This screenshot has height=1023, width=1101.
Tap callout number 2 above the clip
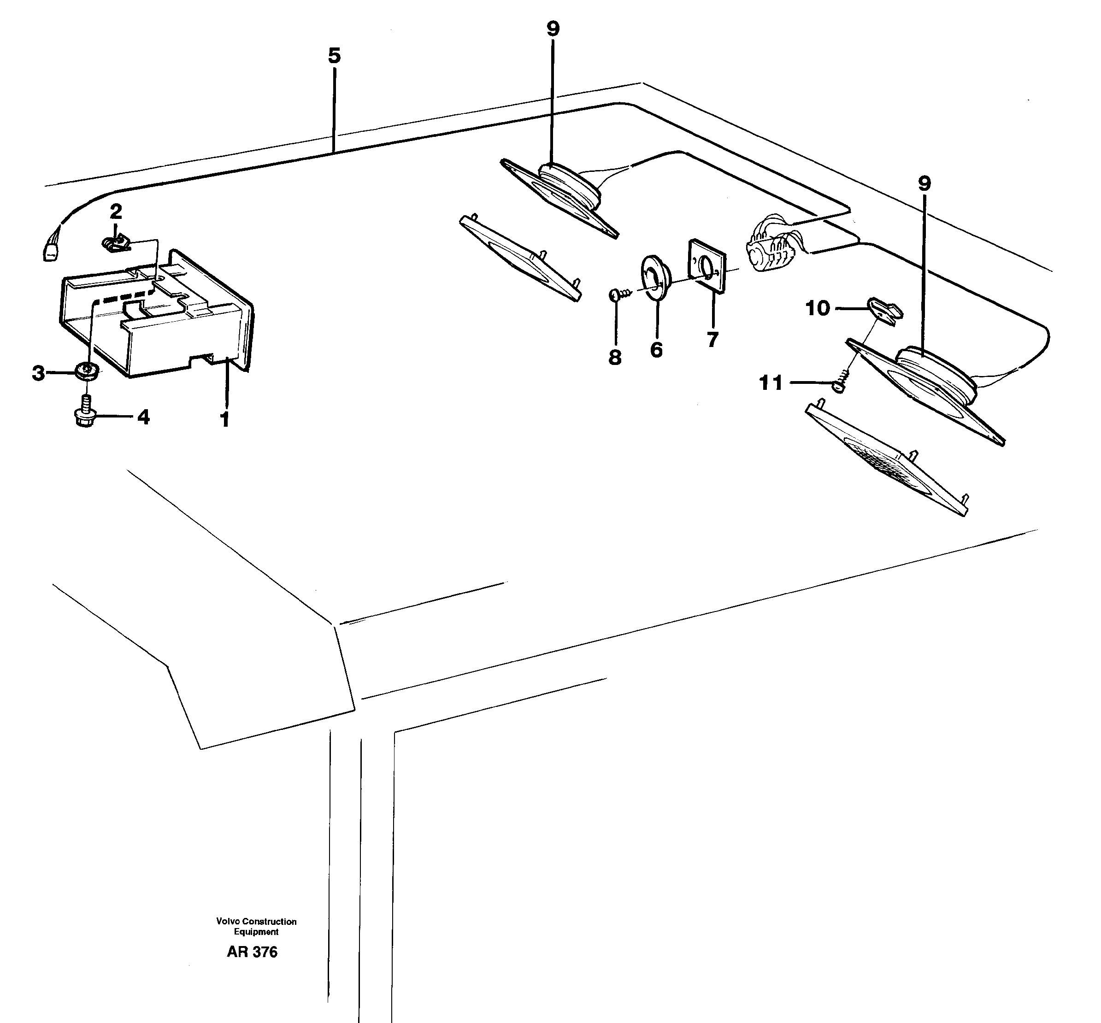pos(116,211)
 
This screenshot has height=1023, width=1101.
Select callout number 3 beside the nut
pos(38,373)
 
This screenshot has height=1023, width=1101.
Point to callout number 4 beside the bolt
pos(143,417)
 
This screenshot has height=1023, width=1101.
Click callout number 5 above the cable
pos(334,55)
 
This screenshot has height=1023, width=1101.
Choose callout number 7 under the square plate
pos(712,339)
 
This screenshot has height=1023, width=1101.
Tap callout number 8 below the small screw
pos(614,358)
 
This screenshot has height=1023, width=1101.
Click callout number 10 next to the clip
pos(818,308)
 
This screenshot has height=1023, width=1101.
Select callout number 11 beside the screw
pos(771,382)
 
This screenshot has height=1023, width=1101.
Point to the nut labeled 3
pos(87,369)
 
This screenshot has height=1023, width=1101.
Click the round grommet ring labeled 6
pos(655,277)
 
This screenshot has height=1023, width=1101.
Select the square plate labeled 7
pos(707,266)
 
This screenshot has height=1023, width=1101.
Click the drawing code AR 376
pos(252,952)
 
